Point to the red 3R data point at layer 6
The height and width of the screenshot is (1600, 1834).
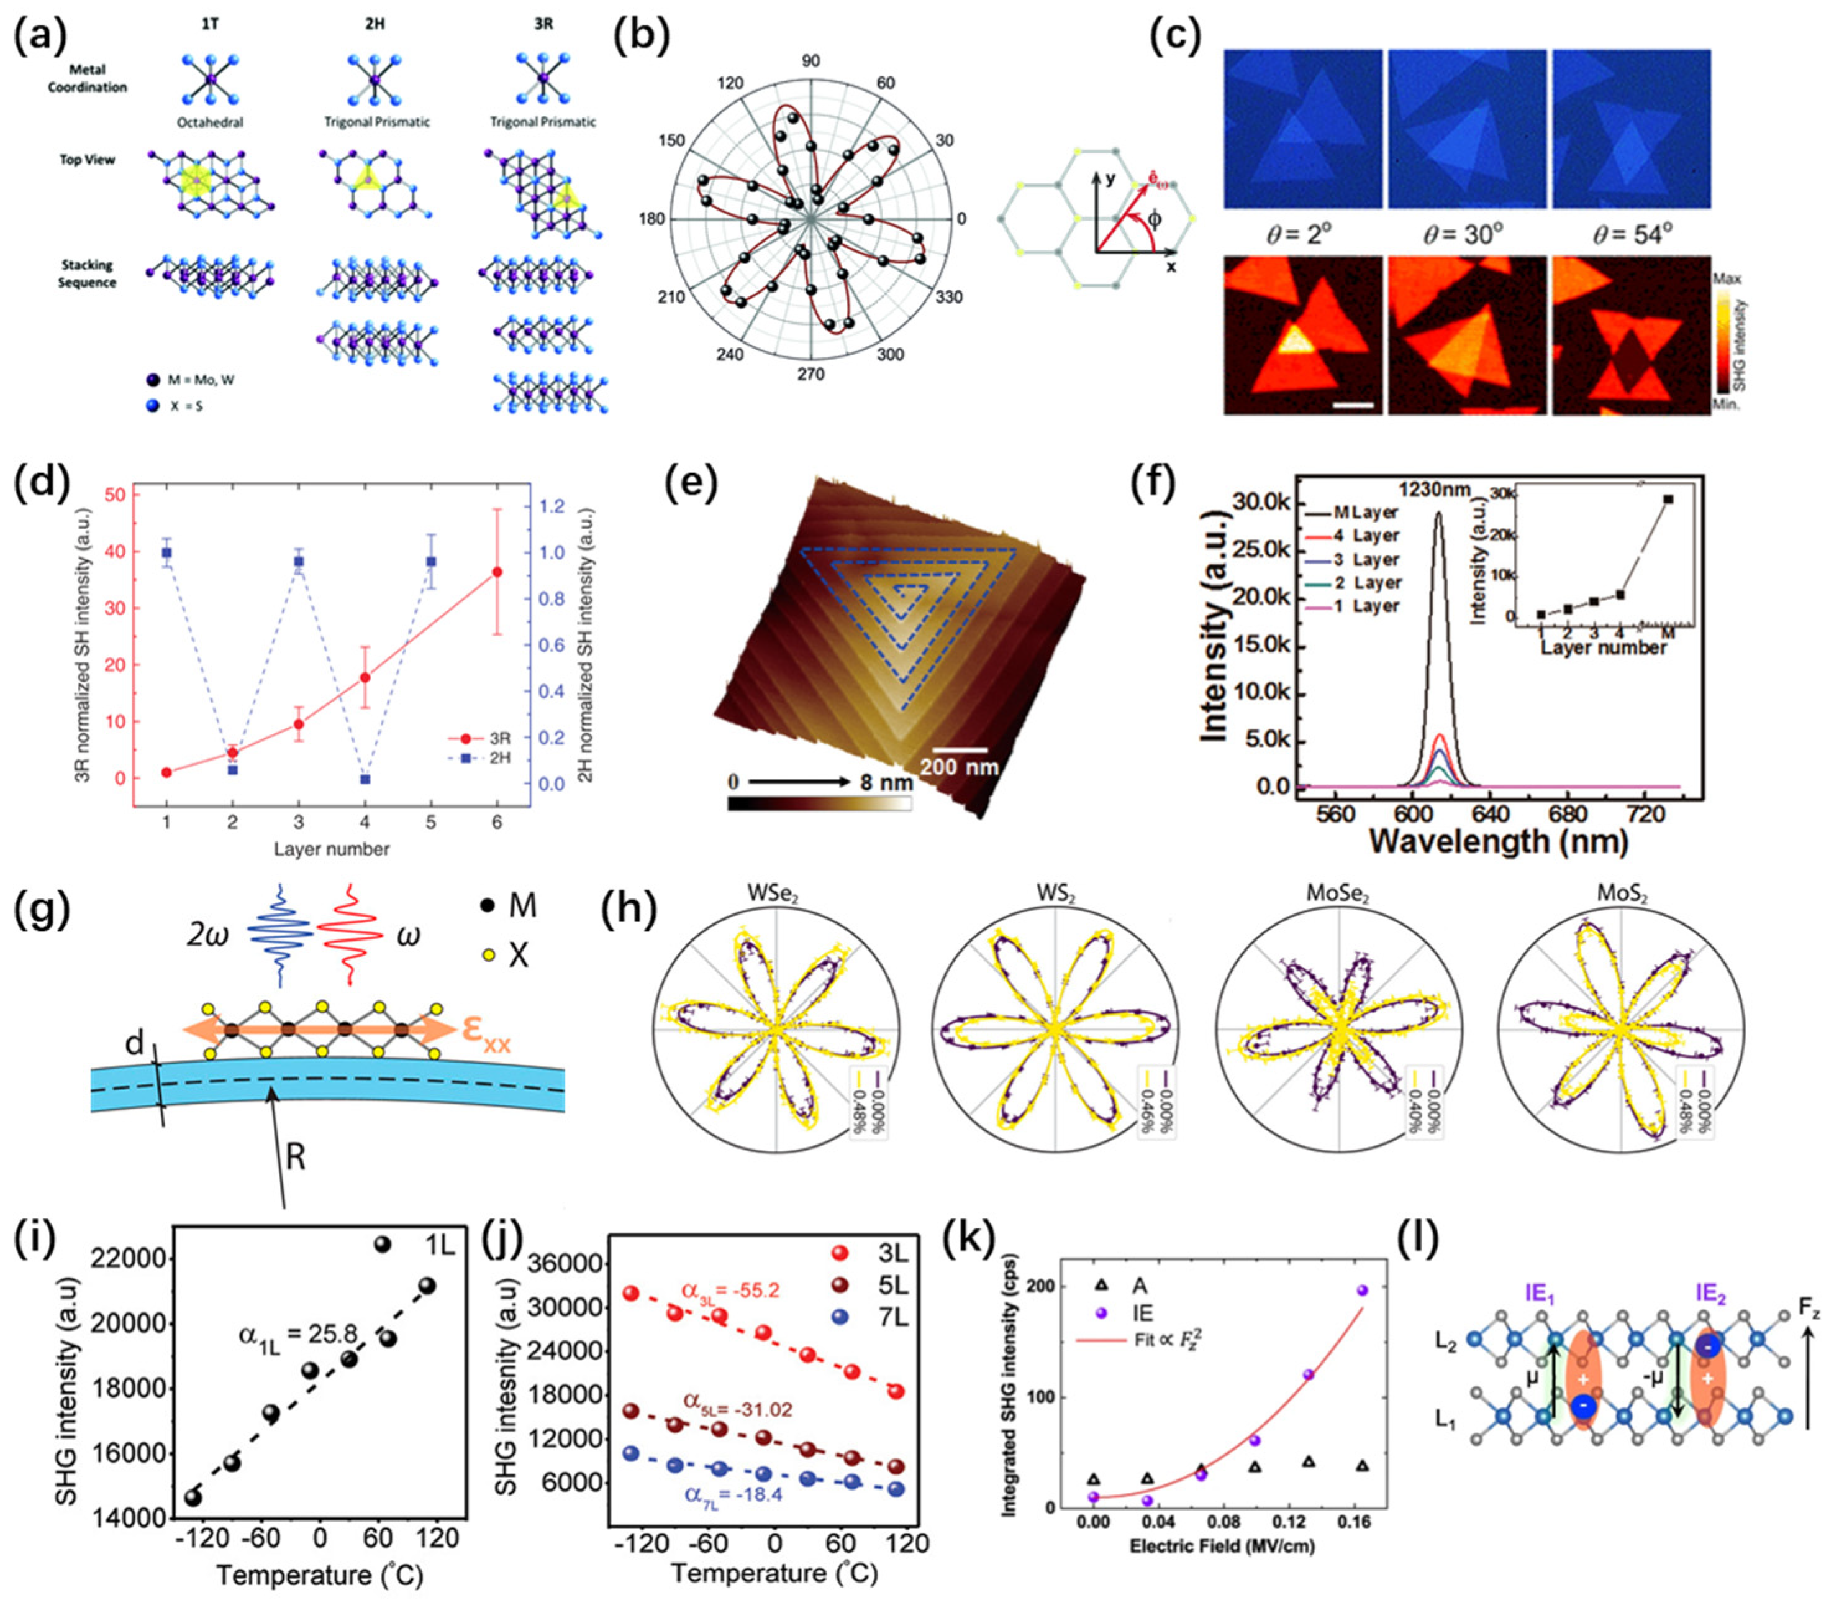coord(497,572)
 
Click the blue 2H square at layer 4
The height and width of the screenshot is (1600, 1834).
coord(365,779)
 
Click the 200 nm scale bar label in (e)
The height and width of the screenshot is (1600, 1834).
coord(958,766)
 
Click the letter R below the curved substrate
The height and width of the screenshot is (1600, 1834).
coord(296,1157)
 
